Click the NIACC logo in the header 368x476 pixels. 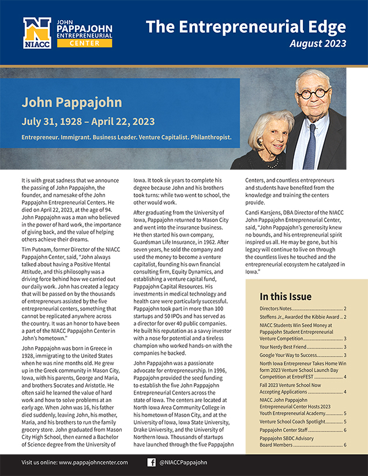pos(37,33)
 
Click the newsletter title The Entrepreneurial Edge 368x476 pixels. pos(246,27)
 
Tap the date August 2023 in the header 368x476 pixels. pos(318,44)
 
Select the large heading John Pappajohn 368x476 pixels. pos(72,103)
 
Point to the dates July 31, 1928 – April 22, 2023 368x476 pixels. pos(88,122)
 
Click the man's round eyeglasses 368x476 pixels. pos(314,92)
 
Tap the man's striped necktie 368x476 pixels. pos(310,145)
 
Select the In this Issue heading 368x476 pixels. pos(286,297)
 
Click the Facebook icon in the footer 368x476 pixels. pos(152,462)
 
